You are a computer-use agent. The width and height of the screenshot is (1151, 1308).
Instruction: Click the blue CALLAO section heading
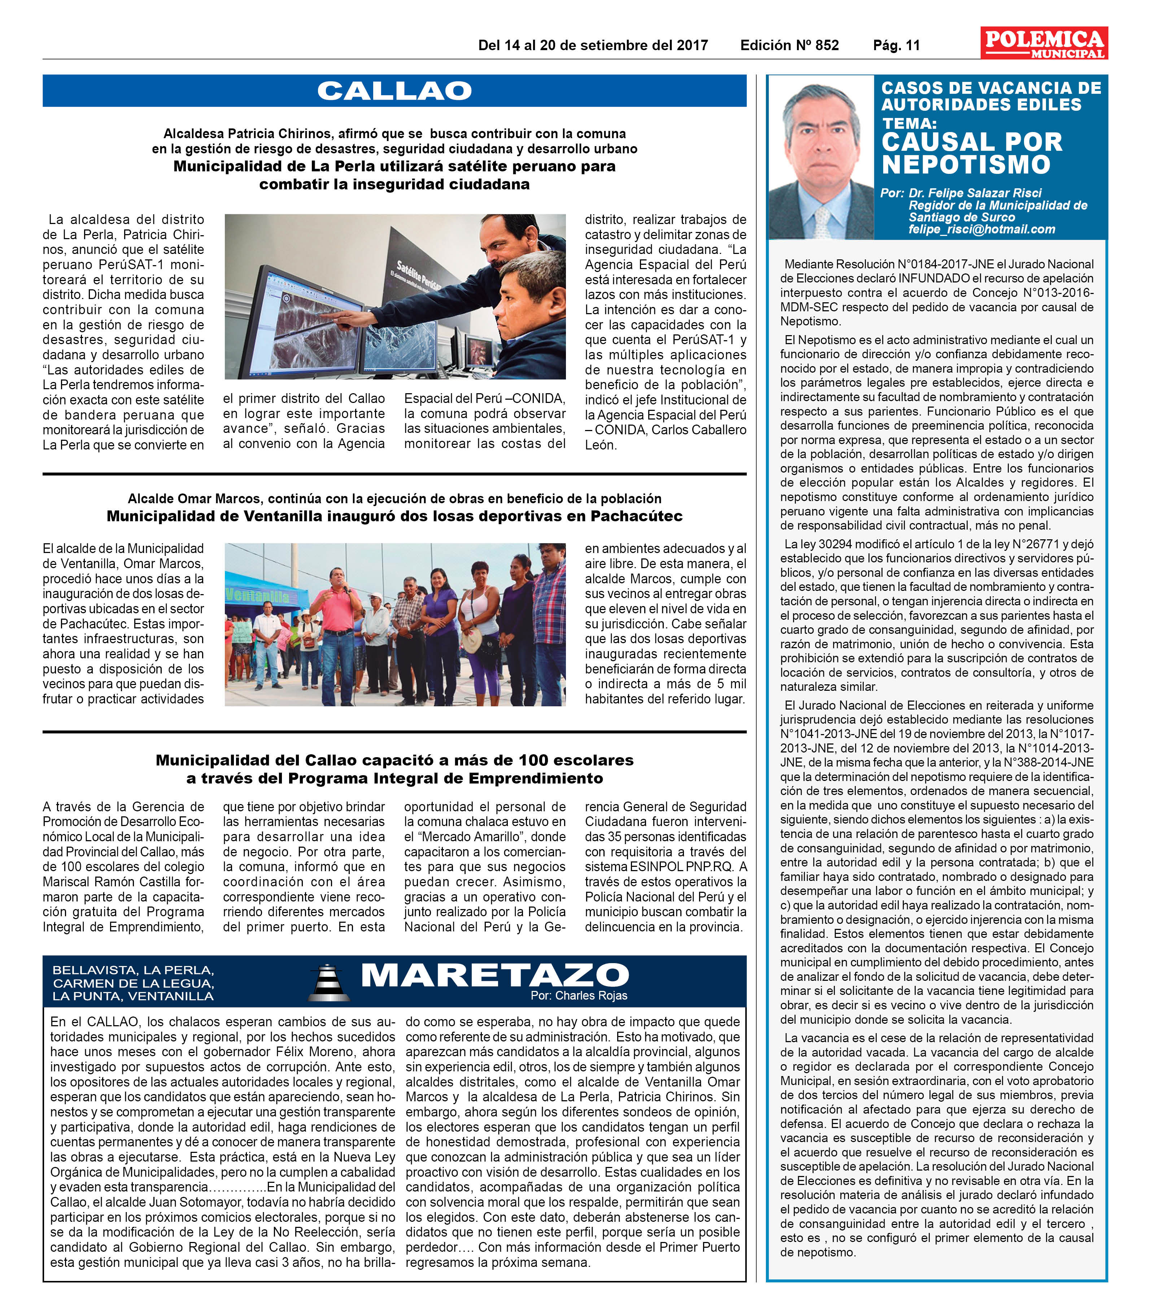[x=394, y=91]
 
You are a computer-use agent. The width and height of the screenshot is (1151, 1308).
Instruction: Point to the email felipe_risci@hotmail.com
[x=981, y=229]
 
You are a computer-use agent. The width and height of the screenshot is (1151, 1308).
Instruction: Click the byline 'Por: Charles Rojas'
[x=578, y=996]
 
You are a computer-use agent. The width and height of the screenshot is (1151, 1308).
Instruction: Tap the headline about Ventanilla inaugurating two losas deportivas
[x=394, y=517]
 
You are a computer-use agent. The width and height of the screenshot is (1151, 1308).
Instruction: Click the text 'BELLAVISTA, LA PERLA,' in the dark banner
[x=133, y=970]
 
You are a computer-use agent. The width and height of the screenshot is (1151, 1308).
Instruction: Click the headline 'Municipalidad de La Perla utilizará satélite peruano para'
[x=394, y=166]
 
